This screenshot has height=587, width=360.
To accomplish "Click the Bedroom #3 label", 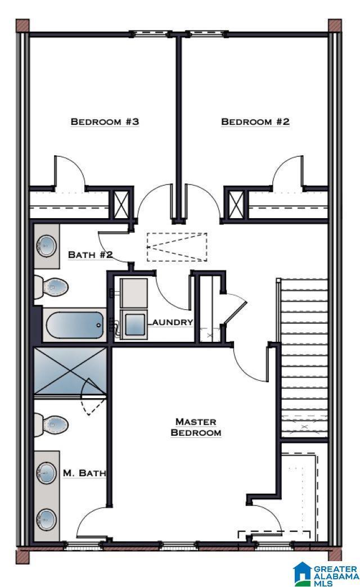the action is (105, 121).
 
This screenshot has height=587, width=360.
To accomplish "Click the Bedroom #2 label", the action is (255, 121).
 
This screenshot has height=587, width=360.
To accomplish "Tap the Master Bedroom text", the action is (196, 427).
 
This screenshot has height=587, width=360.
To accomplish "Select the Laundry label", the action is (171, 322).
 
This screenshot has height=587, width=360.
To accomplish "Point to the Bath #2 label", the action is (90, 255).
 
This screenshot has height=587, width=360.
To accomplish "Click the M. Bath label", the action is (84, 473).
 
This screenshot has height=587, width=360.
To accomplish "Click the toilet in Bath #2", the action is (51, 287).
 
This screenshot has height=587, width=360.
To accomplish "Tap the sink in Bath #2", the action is (47, 246).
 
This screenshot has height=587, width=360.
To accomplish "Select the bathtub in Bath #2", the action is (75, 325).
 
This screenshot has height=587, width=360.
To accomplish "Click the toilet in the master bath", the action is (51, 425).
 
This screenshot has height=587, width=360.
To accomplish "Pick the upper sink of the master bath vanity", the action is (47, 473).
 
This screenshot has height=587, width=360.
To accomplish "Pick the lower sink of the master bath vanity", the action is (47, 520).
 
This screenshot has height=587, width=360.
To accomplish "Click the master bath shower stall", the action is (70, 371).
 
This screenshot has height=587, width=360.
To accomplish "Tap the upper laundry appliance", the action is (133, 293).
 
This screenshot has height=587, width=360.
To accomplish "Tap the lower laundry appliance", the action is (134, 324).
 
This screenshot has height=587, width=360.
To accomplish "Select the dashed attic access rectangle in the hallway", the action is (177, 247).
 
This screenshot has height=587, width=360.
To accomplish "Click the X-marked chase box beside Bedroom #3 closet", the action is (121, 204).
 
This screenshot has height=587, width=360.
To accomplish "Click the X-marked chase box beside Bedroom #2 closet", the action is (236, 204).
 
